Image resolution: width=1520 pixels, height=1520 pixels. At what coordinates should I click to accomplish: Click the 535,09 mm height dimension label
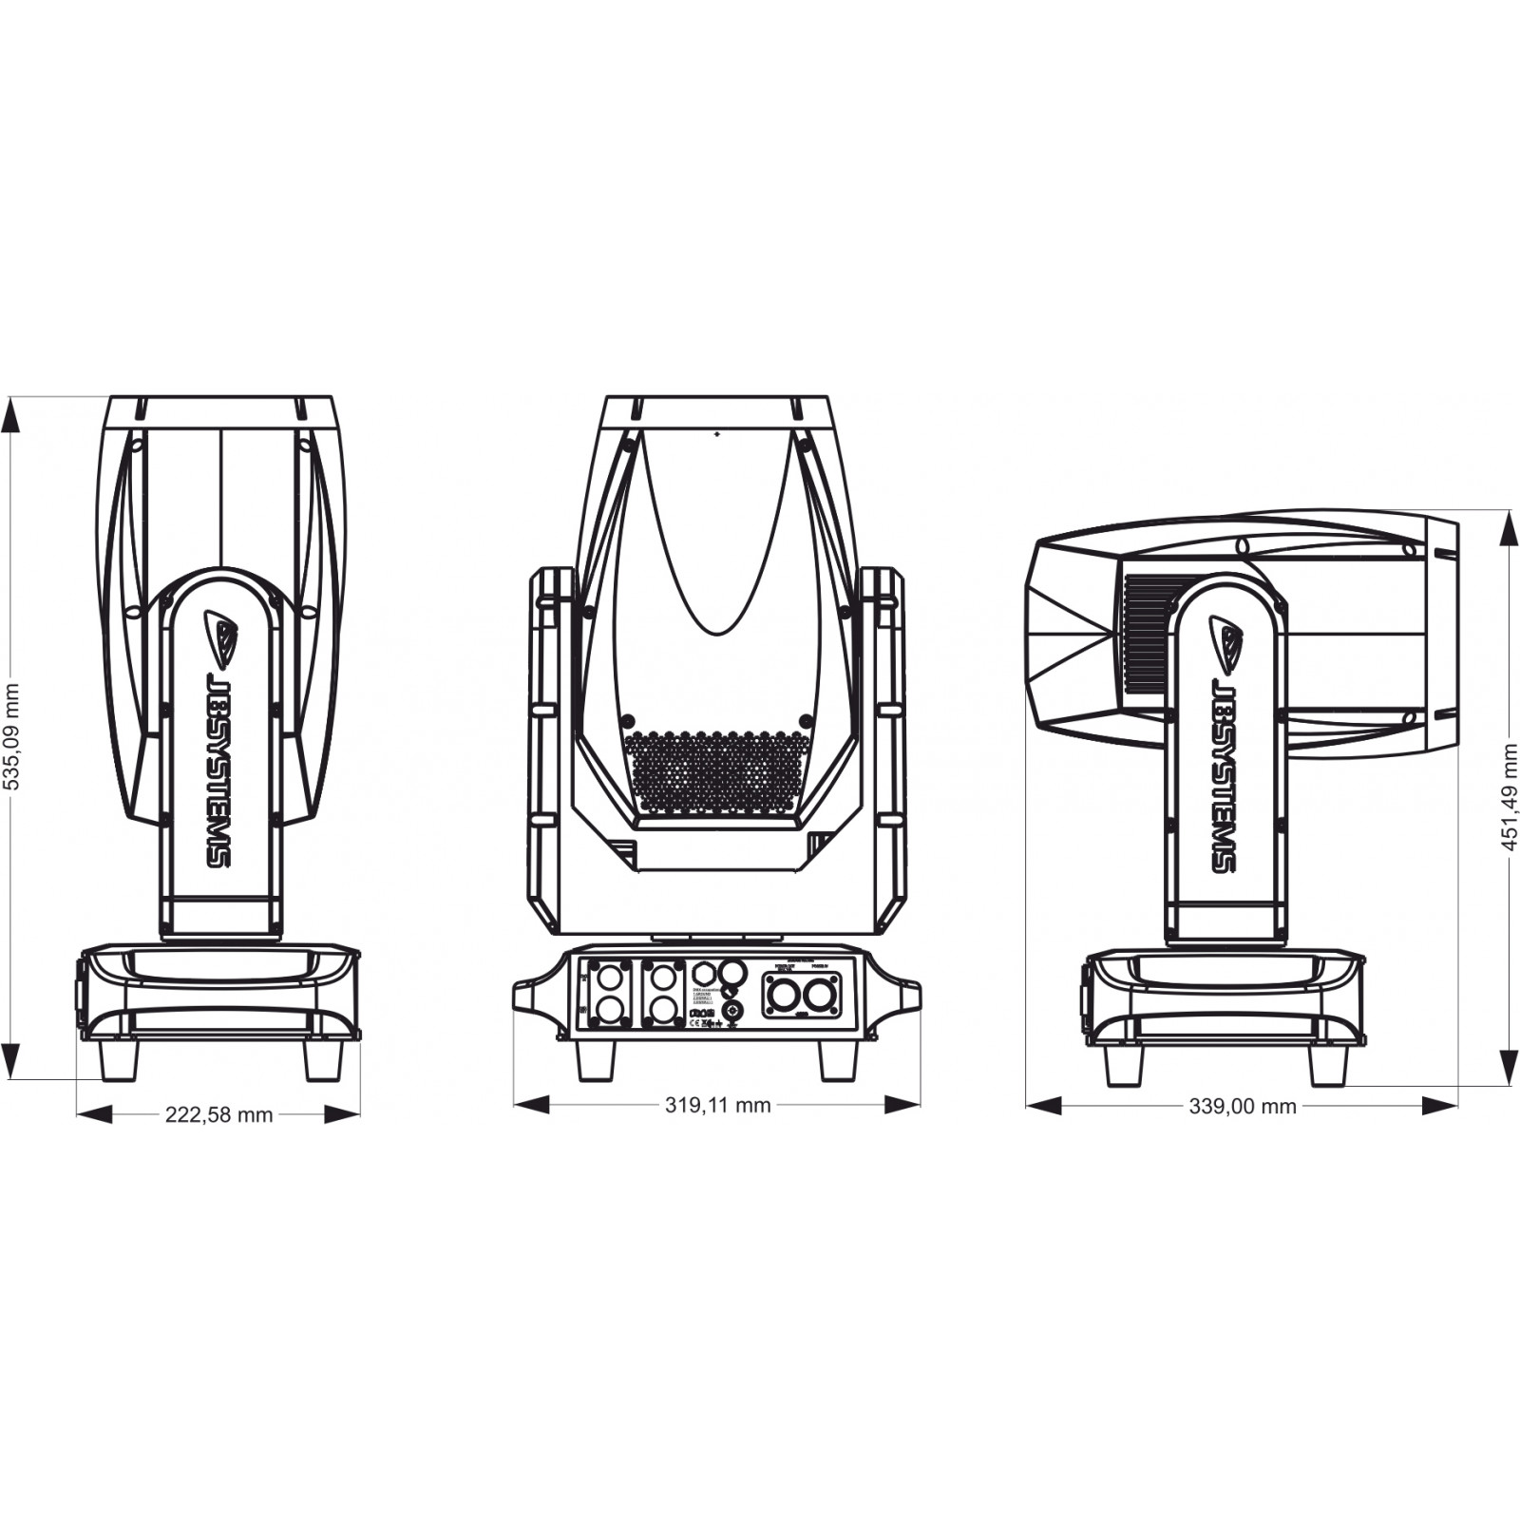click(x=12, y=737)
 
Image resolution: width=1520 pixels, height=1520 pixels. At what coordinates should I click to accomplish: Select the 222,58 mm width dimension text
click(x=218, y=1114)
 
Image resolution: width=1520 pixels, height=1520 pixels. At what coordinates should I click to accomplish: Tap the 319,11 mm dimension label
click(x=717, y=1104)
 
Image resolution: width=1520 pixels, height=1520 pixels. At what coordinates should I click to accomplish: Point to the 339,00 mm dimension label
click(x=1242, y=1106)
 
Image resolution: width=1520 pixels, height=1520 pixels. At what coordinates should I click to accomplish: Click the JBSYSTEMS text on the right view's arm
click(x=1225, y=773)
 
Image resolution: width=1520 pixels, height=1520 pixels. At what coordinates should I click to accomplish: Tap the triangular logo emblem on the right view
click(x=1225, y=639)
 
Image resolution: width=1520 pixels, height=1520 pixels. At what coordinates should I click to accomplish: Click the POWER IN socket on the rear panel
click(x=817, y=997)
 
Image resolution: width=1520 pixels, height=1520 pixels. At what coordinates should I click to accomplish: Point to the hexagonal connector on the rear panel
click(x=703, y=974)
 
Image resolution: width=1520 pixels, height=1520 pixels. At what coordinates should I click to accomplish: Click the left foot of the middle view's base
click(x=596, y=1060)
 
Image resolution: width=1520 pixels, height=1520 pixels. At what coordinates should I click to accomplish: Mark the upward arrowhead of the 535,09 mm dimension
click(x=11, y=416)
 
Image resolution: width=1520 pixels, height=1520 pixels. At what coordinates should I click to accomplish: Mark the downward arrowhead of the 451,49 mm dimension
click(x=1508, y=1066)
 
